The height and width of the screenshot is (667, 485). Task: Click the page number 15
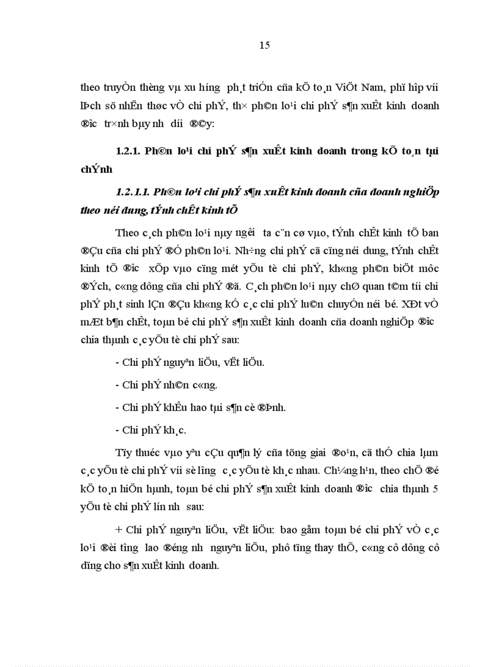(265, 46)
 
